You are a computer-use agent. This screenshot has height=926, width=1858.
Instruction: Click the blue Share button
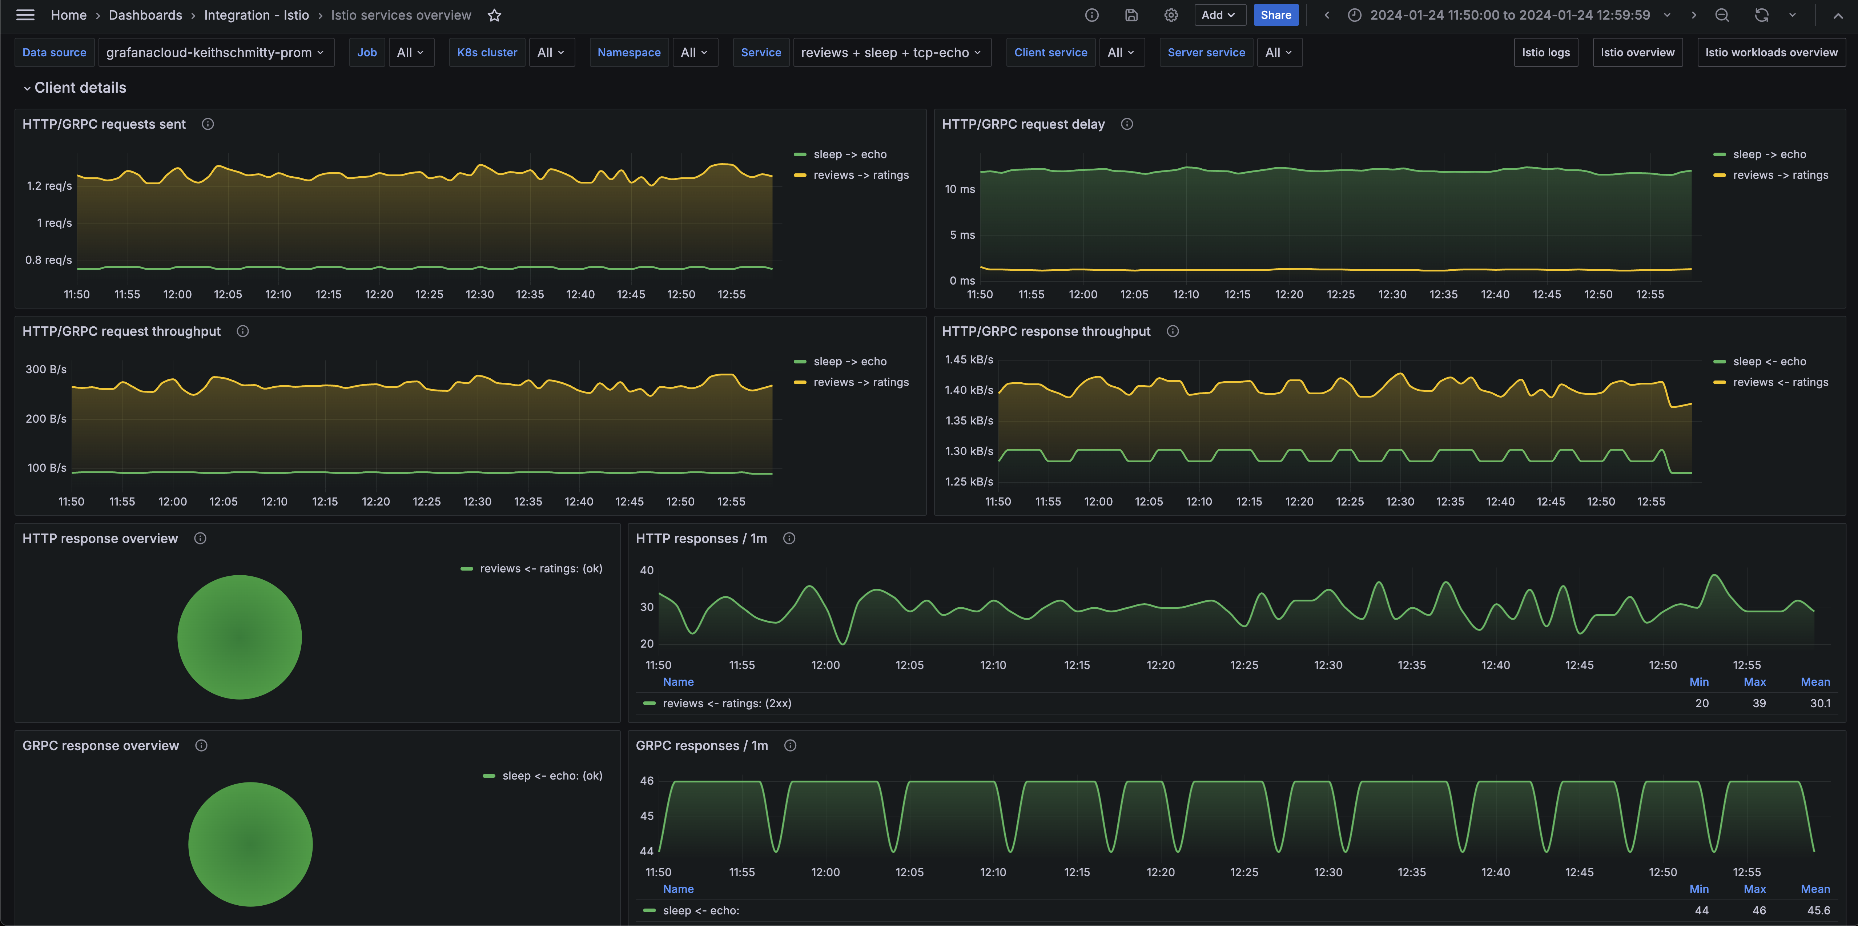pyautogui.click(x=1275, y=15)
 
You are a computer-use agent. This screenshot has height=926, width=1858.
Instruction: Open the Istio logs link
pyautogui.click(x=1545, y=53)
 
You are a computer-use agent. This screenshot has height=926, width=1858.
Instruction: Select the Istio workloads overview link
pyautogui.click(x=1771, y=53)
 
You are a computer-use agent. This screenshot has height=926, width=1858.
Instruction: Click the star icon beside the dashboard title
pyautogui.click(x=494, y=15)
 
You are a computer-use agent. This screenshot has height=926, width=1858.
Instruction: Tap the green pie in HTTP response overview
pyautogui.click(x=240, y=637)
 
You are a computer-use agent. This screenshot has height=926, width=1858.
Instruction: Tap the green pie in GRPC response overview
pyautogui.click(x=250, y=844)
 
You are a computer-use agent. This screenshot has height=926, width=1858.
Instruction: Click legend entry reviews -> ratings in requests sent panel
pyautogui.click(x=860, y=175)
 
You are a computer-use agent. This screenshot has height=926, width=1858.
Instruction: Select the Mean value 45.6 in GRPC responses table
pyautogui.click(x=1819, y=910)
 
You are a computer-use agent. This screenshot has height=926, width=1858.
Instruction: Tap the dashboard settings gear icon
pyautogui.click(x=1171, y=15)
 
